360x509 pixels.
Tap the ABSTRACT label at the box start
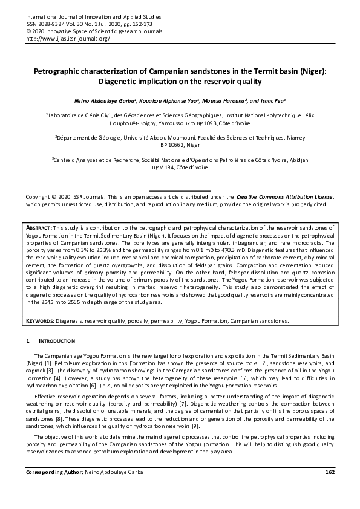41,225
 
